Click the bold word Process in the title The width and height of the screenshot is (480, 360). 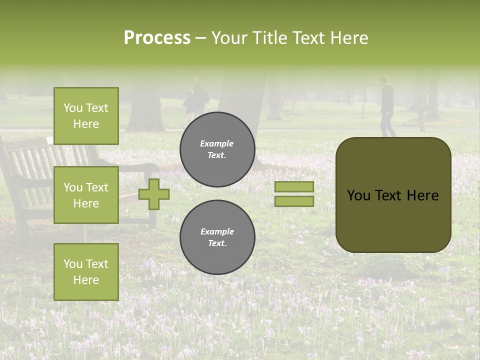pos(157,38)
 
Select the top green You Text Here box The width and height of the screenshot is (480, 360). pos(86,116)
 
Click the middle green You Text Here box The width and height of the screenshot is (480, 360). pos(86,195)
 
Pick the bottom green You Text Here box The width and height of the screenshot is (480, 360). pos(86,271)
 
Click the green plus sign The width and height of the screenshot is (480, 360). pos(154,194)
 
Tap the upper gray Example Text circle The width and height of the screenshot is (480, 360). pos(217,149)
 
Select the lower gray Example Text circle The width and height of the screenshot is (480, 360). pos(217,237)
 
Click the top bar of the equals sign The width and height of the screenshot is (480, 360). pos(294,187)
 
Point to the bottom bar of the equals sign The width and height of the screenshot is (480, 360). pos(294,201)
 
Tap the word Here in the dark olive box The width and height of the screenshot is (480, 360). pos(422,195)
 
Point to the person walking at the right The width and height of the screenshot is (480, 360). pos(387,106)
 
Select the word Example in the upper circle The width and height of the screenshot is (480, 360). pos(216,143)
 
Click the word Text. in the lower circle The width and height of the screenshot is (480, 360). pos(217,243)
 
